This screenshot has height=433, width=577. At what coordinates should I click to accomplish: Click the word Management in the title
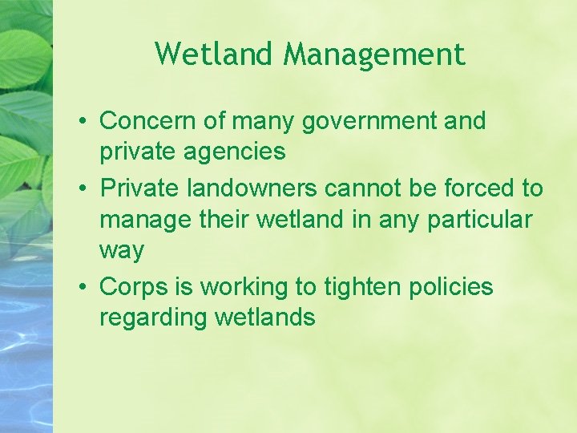click(x=374, y=55)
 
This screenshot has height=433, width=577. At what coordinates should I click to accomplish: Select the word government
click(x=369, y=122)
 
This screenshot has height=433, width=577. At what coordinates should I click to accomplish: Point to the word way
click(x=121, y=252)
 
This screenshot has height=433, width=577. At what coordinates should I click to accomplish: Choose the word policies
click(x=453, y=287)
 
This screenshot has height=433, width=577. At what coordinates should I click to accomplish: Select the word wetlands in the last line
click(x=265, y=318)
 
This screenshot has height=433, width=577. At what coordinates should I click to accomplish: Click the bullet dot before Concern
click(x=83, y=122)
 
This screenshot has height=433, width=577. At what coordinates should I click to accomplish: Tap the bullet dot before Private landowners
click(x=83, y=189)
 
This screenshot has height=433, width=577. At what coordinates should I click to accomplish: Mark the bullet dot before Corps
click(x=83, y=287)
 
